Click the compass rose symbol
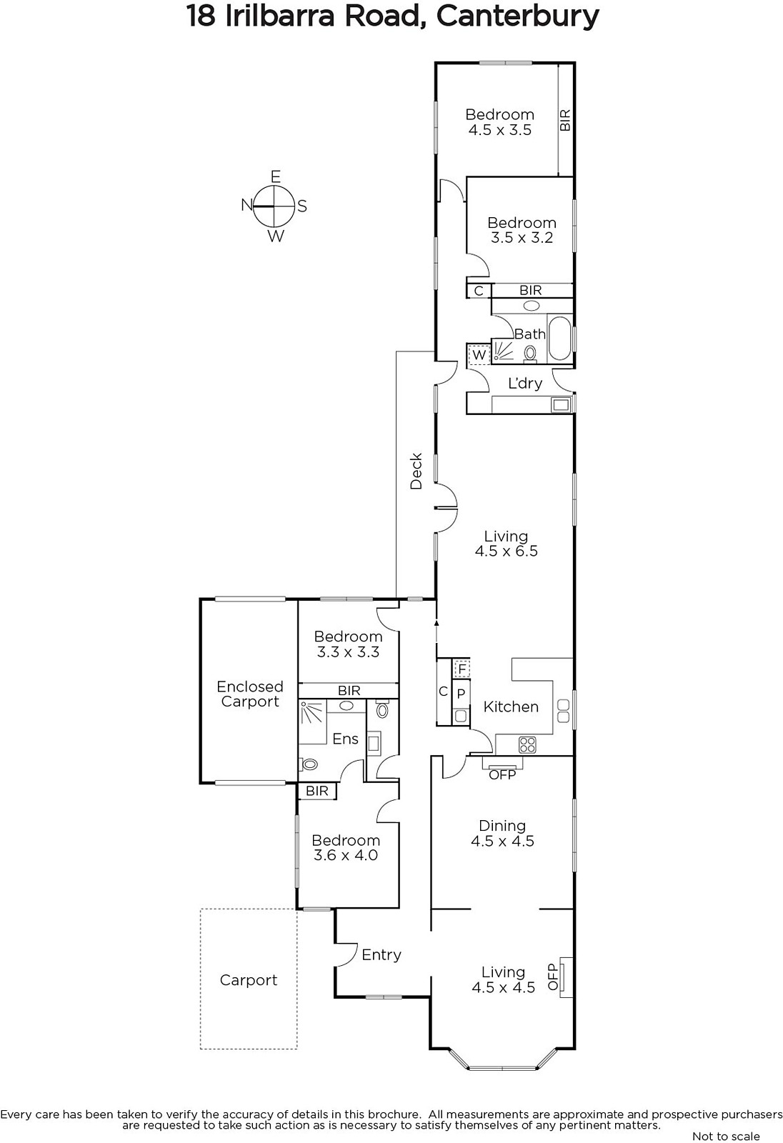tap(274, 206)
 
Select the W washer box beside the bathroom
tap(479, 354)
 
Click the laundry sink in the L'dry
tap(560, 404)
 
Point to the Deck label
tap(417, 471)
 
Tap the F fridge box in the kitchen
tap(462, 669)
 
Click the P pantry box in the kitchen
tap(461, 694)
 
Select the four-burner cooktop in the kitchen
tap(527, 744)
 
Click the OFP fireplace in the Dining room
tap(503, 768)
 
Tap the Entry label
tap(381, 954)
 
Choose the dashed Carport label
tap(249, 979)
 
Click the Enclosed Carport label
tap(249, 694)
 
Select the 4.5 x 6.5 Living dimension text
tap(507, 551)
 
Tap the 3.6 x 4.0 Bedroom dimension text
tap(346, 855)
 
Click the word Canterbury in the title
tap(517, 16)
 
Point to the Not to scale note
tap(726, 1136)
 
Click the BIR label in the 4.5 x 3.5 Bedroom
tap(565, 120)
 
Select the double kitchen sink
tap(564, 711)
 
